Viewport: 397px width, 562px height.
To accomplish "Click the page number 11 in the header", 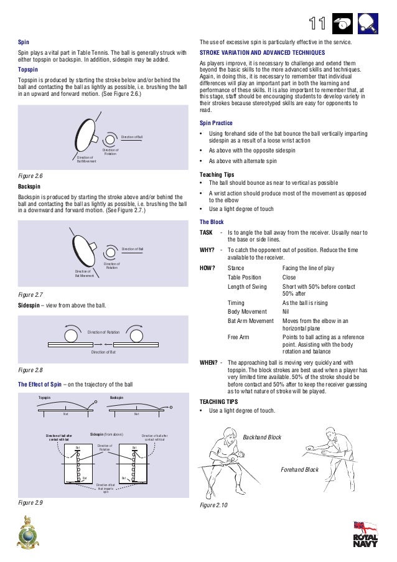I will tap(317, 24).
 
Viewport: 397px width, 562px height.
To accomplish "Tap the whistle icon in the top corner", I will tap(342, 24).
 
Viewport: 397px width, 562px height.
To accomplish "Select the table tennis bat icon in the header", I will tap(368, 24).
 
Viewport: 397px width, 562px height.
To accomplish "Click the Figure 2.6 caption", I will tap(30, 176).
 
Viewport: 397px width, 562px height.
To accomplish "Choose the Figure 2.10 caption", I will tap(213, 505).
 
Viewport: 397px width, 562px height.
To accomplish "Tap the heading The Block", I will tap(212, 222).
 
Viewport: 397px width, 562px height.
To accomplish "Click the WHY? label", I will tap(207, 250).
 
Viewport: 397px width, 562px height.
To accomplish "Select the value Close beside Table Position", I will tap(289, 277).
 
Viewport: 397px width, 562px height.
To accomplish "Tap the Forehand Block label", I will tap(299, 469).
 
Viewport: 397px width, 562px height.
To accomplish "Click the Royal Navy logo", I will tap(365, 535).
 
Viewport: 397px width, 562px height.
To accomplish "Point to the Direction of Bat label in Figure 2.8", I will tap(103, 352).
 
